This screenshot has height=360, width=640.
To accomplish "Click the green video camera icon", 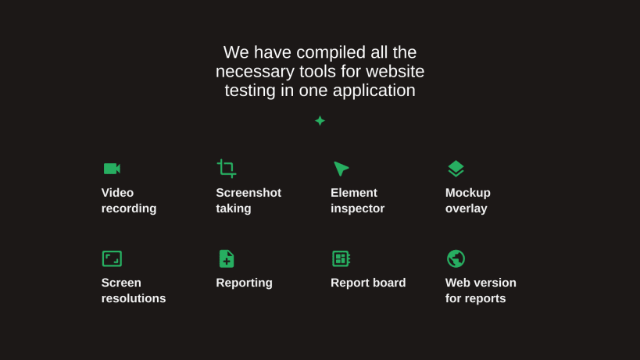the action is point(112,169).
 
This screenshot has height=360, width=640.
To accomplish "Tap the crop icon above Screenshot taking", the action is point(227,169).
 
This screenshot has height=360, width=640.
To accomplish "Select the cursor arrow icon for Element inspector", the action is point(341,169).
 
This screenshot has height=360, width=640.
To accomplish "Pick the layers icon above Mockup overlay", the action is point(456,169).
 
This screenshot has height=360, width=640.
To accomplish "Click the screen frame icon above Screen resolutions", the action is point(112,258).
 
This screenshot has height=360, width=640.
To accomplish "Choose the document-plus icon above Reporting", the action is point(226,258).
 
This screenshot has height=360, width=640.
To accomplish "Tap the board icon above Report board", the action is point(341,258).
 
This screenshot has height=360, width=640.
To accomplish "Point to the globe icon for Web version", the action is point(456,258).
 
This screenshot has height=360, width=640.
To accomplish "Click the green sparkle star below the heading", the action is point(320,120).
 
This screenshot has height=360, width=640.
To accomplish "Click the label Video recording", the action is point(129,201).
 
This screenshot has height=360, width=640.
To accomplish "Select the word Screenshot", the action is point(248,193).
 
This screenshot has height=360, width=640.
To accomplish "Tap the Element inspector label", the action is point(357,201).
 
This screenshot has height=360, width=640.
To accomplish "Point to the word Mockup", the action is point(468,193).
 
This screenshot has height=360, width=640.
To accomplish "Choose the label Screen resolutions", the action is point(134,290).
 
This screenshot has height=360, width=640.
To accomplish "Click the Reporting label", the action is point(244,283).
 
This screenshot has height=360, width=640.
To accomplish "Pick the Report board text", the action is point(368,283).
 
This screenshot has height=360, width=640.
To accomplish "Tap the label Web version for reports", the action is point(481,290).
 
